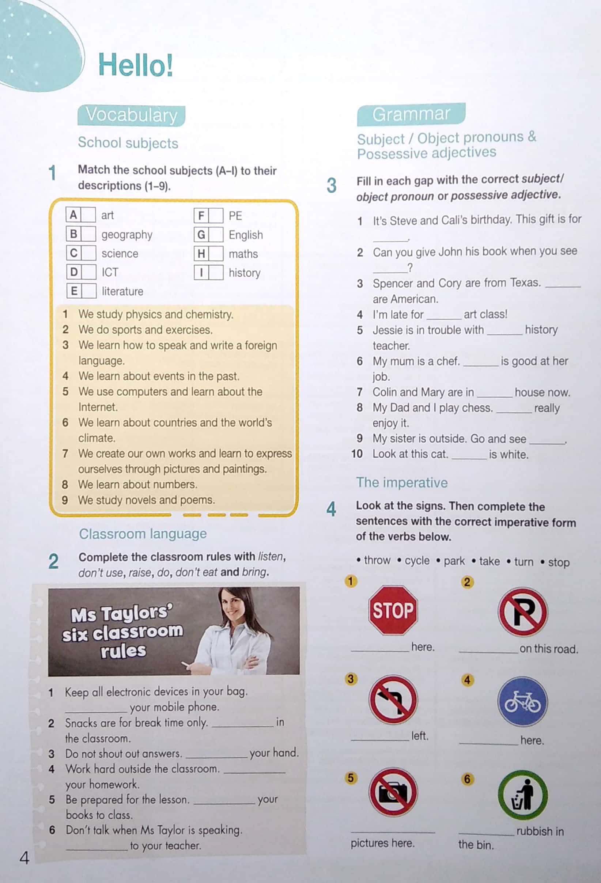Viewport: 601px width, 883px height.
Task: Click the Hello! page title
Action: (135, 65)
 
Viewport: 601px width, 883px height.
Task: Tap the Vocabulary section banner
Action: (131, 115)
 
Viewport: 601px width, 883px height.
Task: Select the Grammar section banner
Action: (411, 114)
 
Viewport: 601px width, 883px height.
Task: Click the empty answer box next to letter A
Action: (88, 215)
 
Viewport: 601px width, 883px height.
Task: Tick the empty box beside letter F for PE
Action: (216, 216)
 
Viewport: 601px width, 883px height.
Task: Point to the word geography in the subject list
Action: (126, 234)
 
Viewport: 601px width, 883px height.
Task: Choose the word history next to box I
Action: (245, 272)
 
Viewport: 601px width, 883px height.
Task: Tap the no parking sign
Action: (523, 612)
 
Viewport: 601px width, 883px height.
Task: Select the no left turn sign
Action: (393, 700)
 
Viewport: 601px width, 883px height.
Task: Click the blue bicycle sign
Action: (522, 701)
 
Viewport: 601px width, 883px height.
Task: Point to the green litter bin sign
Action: (523, 795)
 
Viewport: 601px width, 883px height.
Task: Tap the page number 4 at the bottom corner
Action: (24, 857)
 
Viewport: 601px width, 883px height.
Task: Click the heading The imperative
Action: (402, 482)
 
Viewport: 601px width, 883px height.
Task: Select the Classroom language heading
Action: (143, 534)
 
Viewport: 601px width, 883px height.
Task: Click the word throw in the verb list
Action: (377, 560)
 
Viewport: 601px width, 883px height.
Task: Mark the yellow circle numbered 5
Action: (351, 778)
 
